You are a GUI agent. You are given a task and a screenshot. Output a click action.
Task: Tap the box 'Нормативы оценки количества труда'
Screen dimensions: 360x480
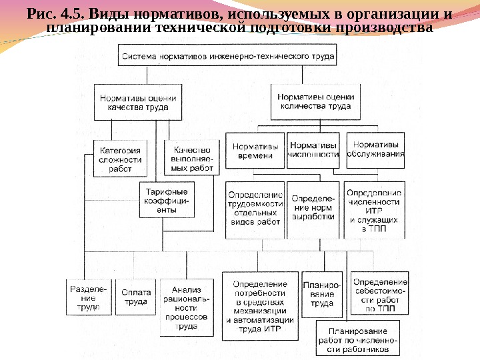[315, 101]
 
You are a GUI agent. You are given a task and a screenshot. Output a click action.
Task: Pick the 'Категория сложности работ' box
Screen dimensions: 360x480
[121, 159]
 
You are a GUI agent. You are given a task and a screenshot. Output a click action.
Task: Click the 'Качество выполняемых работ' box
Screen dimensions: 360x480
[191, 159]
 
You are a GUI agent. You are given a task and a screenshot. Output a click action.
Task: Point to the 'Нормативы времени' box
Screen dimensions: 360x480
[255, 151]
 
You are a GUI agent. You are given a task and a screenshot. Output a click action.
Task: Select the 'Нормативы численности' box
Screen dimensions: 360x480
[313, 150]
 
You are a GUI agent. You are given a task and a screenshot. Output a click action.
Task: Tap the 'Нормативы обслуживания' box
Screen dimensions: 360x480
[376, 150]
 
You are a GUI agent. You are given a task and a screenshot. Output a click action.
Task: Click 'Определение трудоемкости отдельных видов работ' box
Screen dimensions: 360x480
[255, 208]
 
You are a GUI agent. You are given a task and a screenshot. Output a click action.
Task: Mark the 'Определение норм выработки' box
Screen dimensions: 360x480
[313, 208]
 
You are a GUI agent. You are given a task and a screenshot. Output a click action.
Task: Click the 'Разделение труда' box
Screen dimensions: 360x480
[87, 298]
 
